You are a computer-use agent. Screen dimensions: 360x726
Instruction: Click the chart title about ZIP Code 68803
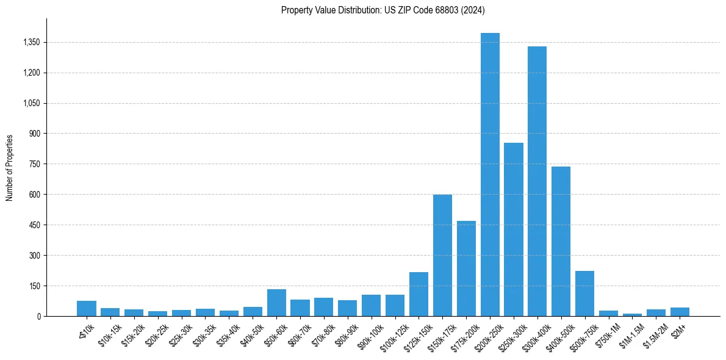click(383, 10)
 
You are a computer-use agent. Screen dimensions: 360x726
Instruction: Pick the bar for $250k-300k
click(514, 229)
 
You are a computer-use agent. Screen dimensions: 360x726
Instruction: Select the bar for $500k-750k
click(584, 293)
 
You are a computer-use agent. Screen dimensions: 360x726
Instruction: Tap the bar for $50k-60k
click(276, 303)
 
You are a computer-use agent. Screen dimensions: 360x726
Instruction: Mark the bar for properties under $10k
click(87, 309)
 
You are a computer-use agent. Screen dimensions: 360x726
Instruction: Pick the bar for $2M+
click(680, 312)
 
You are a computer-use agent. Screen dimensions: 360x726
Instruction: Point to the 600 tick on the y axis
click(34, 195)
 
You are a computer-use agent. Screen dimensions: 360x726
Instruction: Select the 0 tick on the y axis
click(38, 316)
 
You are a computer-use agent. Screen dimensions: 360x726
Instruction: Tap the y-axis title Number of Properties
click(10, 167)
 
